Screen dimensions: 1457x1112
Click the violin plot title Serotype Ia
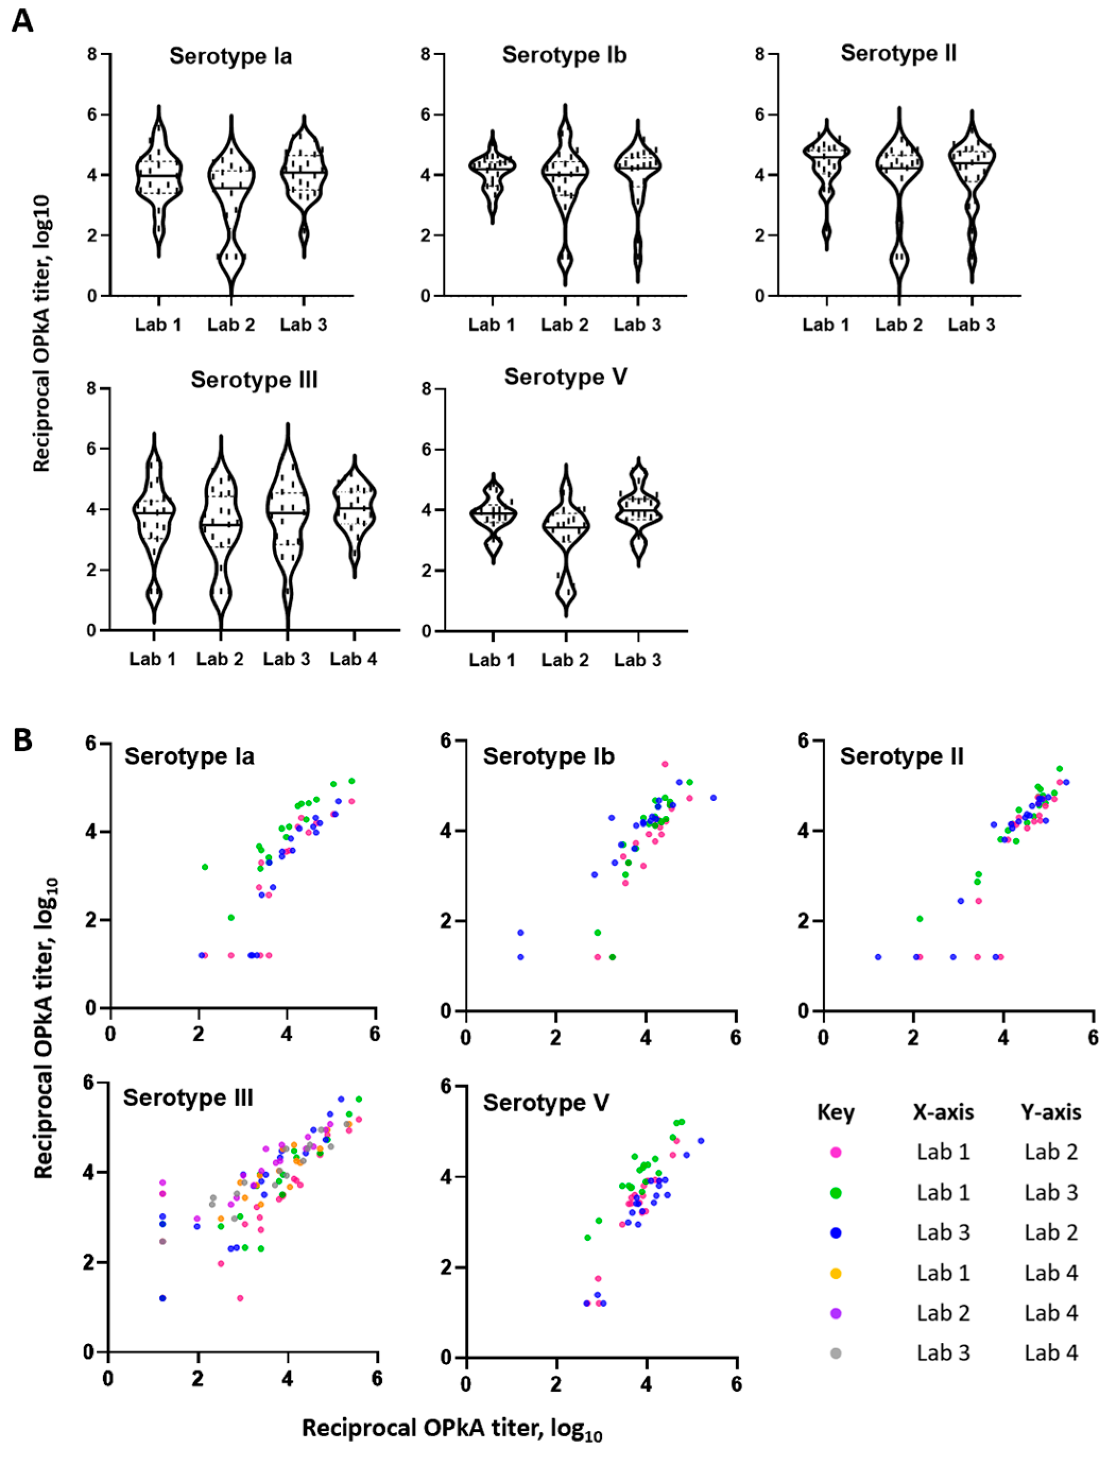point(230,56)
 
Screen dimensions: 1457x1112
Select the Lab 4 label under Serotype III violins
point(354,659)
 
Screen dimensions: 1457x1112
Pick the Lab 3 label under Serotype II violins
point(971,324)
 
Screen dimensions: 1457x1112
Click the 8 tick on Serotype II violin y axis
point(759,54)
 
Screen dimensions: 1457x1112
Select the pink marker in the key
point(835,1152)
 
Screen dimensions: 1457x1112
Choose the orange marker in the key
point(835,1273)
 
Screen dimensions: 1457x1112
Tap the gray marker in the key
point(835,1353)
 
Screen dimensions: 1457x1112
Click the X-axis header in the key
point(943,1113)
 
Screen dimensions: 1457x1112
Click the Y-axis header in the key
point(1051,1113)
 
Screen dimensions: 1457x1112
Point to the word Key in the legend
point(835,1113)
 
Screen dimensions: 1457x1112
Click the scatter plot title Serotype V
point(546,1103)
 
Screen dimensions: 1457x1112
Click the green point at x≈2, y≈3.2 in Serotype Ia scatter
point(205,867)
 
